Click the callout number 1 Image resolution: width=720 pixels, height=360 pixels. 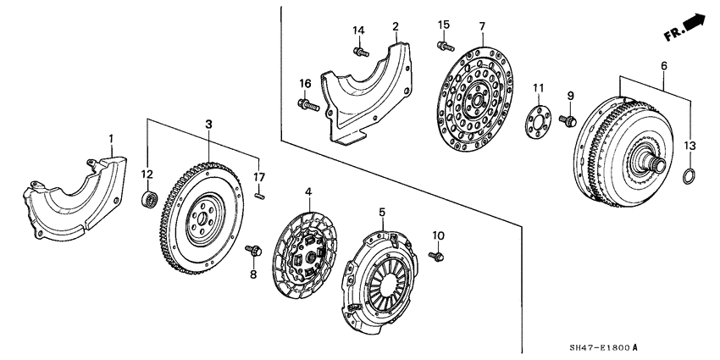pos(109,137)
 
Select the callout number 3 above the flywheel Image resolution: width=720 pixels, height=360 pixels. pos(208,125)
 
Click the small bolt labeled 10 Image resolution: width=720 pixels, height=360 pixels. pos(436,254)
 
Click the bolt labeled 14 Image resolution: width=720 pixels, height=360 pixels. pos(361,52)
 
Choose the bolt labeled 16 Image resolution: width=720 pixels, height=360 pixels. pos(307,105)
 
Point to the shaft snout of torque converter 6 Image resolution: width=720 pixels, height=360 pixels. pos(656,158)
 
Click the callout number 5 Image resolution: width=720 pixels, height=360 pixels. pos(382,212)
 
